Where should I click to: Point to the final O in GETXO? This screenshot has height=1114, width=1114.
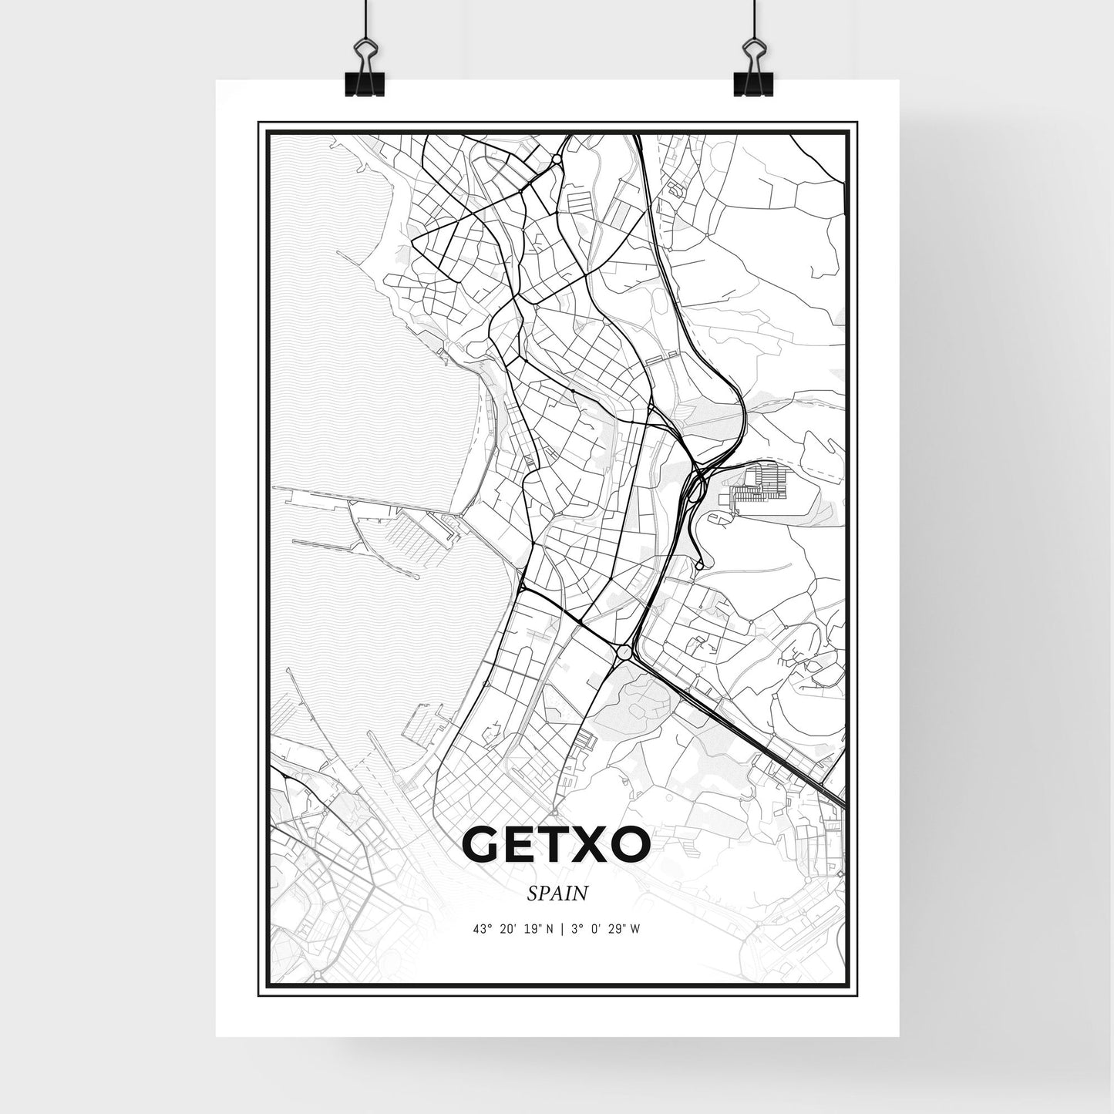628,846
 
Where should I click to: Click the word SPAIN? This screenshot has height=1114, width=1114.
557,894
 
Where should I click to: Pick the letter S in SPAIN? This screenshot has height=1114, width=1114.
532,894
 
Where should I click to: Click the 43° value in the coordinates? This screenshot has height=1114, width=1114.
483,929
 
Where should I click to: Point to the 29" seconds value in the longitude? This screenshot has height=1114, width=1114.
613,929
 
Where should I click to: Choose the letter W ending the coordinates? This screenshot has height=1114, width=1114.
634,929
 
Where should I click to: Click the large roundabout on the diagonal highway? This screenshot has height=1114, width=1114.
623,653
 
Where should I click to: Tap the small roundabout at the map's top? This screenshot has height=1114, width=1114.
556,160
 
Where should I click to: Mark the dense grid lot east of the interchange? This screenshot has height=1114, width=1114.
759,486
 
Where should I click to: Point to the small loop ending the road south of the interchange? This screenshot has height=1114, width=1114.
699,566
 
